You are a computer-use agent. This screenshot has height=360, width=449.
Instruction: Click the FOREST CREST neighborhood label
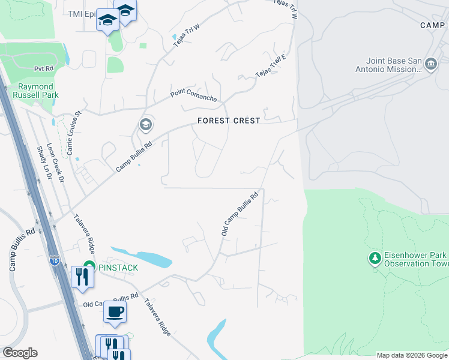click(x=229, y=121)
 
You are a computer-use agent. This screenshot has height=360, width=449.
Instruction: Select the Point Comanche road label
click(x=193, y=94)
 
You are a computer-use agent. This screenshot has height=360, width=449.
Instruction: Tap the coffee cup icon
click(x=115, y=312)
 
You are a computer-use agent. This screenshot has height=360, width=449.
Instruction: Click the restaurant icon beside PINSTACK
click(x=80, y=277)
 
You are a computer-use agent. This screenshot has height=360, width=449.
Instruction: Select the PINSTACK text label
click(x=119, y=266)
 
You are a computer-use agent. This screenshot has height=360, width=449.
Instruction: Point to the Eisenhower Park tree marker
click(x=375, y=258)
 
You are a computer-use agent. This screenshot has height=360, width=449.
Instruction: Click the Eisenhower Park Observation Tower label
click(x=414, y=259)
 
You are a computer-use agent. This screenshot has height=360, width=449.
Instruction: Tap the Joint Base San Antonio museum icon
click(x=430, y=64)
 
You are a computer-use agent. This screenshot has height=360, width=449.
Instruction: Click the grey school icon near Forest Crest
click(x=145, y=125)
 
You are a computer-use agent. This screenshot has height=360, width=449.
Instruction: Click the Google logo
click(x=20, y=353)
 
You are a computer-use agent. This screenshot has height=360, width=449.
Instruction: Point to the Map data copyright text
click(x=412, y=355)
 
